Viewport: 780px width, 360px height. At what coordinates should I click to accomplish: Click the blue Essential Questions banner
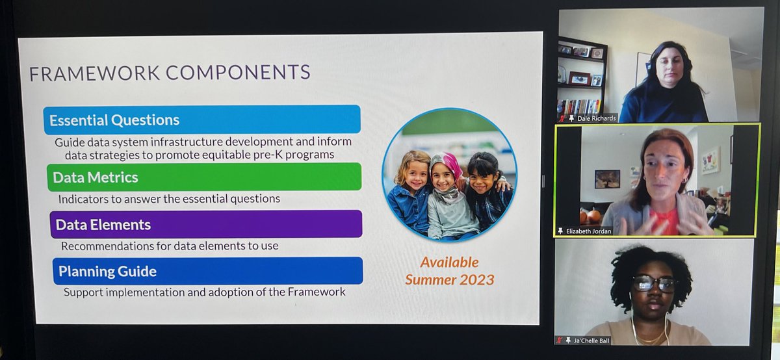201,120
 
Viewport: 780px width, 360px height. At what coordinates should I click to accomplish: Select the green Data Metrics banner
203,177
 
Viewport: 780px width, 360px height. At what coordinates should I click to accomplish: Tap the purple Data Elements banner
205,224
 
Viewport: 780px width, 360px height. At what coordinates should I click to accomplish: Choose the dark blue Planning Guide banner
207,270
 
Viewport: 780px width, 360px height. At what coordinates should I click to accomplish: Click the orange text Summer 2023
449,280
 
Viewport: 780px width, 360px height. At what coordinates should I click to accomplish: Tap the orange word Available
449,263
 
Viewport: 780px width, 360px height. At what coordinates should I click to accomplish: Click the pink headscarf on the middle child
448,166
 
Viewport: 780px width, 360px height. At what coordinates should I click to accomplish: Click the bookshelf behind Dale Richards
582,78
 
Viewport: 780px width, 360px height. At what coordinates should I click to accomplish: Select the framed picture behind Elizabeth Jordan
607,179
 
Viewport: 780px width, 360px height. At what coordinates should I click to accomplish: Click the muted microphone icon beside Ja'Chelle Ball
559,340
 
